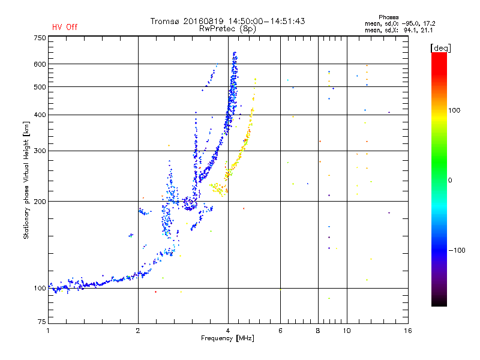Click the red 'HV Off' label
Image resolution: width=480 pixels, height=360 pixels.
pos(65,27)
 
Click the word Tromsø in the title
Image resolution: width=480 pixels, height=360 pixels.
pos(165,21)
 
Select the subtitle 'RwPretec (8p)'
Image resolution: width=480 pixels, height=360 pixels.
pos(227,29)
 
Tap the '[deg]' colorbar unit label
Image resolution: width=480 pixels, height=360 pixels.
pos(440,48)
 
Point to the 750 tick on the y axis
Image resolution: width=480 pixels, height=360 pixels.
pos(40,38)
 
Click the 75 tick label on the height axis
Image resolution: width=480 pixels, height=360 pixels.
pos(42,322)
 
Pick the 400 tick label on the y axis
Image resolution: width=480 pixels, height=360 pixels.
pos(40,115)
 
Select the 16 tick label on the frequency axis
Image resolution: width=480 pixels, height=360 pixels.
pos(407,331)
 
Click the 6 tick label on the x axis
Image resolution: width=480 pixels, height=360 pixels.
pos(280,331)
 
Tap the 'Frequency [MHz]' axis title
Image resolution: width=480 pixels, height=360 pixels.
pos(227,338)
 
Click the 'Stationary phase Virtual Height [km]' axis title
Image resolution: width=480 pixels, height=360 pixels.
pos(26,180)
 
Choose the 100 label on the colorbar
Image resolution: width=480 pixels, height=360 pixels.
pos(454,110)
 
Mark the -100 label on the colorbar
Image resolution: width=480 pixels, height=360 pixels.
pos(457,250)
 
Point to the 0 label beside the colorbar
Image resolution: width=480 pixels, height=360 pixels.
pos(450,180)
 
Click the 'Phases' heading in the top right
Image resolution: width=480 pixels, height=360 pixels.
pos(388,17)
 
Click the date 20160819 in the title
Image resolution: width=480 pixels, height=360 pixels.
pos(203,21)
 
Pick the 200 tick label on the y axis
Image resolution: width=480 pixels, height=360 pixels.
pos(40,202)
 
